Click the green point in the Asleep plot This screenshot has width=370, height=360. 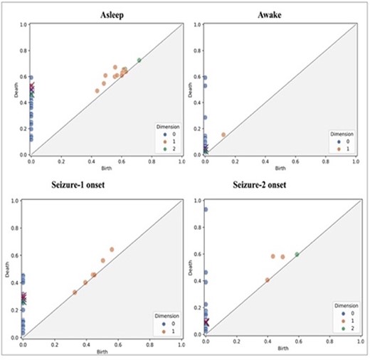139,60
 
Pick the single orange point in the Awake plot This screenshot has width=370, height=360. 223,134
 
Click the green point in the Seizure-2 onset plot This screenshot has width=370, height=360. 297,254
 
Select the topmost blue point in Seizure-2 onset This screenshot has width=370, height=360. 206,209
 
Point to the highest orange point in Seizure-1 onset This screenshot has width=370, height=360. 112,249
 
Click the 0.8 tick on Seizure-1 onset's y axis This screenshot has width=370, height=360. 13,227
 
